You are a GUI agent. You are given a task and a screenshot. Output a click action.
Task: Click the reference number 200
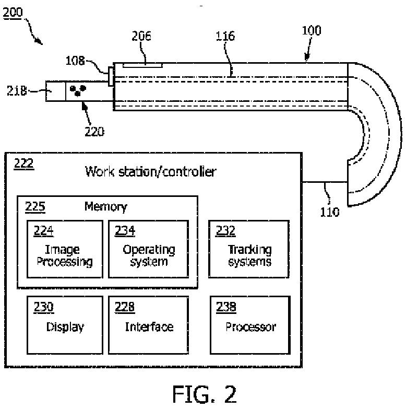13,13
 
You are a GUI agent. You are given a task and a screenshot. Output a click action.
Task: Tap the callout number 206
141,36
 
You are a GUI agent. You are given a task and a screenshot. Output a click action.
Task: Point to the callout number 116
225,36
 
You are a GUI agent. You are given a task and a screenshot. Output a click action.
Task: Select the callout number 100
312,30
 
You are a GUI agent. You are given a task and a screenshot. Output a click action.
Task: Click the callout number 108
75,61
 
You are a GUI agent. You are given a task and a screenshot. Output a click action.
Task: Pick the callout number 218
17,91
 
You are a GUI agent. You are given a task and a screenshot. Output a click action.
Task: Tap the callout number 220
94,132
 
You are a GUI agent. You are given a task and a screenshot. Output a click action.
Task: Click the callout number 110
330,212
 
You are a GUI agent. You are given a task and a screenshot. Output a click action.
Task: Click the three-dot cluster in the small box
78,90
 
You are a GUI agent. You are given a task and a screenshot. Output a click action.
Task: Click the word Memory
106,207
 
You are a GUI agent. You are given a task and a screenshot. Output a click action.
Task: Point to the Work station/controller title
151,172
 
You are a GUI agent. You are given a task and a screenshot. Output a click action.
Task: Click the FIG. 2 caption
205,394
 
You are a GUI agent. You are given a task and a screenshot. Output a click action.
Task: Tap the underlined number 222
23,164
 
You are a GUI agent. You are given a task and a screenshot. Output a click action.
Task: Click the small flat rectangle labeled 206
143,65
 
